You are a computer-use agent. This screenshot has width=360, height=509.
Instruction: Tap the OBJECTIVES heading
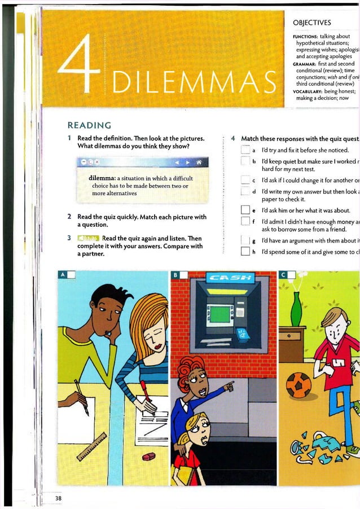tap(312, 23)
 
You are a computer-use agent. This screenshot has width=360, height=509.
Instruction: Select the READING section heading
tap(89, 125)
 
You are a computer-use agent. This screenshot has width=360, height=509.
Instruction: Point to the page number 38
tap(59, 498)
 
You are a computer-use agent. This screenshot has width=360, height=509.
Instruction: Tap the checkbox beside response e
tap(245, 211)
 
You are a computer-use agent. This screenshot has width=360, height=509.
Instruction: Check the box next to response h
tap(245, 252)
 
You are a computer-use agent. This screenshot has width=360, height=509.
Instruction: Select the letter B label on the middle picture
tap(175, 275)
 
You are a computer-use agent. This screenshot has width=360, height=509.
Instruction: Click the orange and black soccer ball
tap(298, 385)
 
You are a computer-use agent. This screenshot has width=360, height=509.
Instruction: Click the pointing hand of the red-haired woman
tap(228, 387)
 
